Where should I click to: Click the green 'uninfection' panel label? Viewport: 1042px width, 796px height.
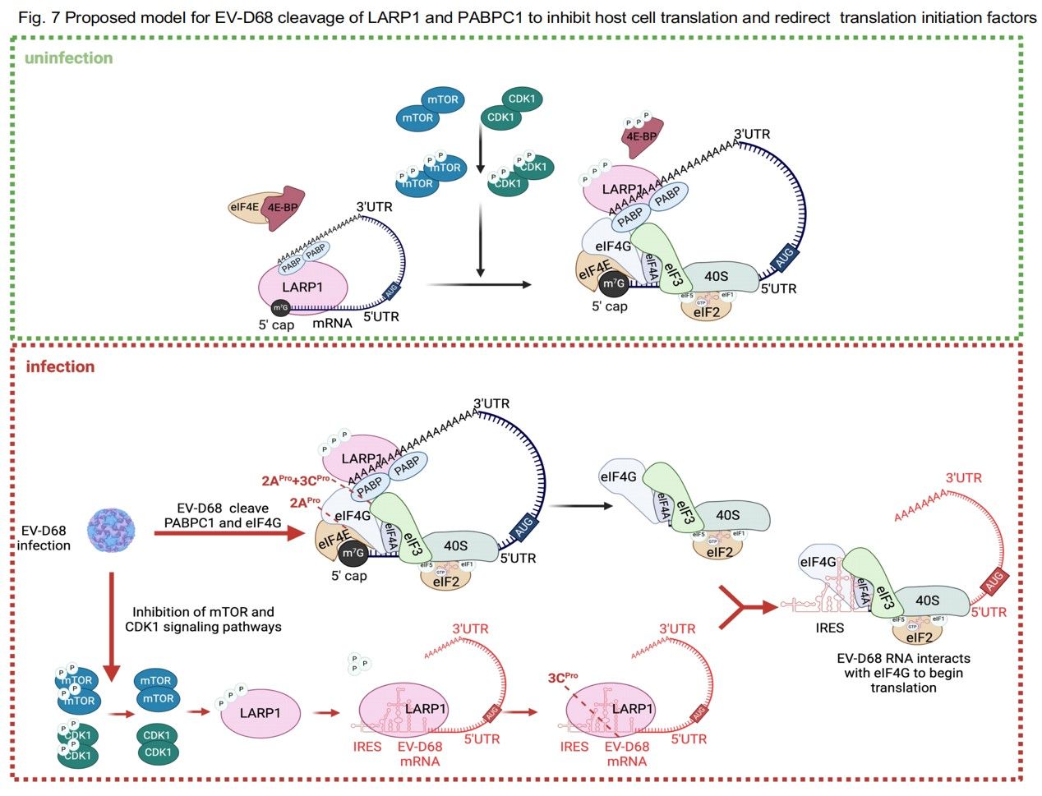click(x=68, y=58)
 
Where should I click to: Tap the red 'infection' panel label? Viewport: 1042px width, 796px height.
click(x=60, y=367)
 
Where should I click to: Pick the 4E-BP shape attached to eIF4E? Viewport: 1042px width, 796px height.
click(x=283, y=205)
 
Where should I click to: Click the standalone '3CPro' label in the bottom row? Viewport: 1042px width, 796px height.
click(x=563, y=678)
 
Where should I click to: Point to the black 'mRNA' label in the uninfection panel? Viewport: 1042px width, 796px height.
click(x=332, y=324)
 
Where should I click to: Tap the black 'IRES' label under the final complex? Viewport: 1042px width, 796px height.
click(x=830, y=628)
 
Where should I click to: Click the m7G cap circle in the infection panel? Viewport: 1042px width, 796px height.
click(x=353, y=554)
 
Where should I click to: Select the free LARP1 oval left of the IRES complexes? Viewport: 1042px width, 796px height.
click(x=260, y=713)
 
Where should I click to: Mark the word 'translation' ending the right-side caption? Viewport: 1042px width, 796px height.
click(x=903, y=688)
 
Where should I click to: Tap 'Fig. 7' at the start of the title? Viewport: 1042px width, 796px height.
click(x=36, y=17)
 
